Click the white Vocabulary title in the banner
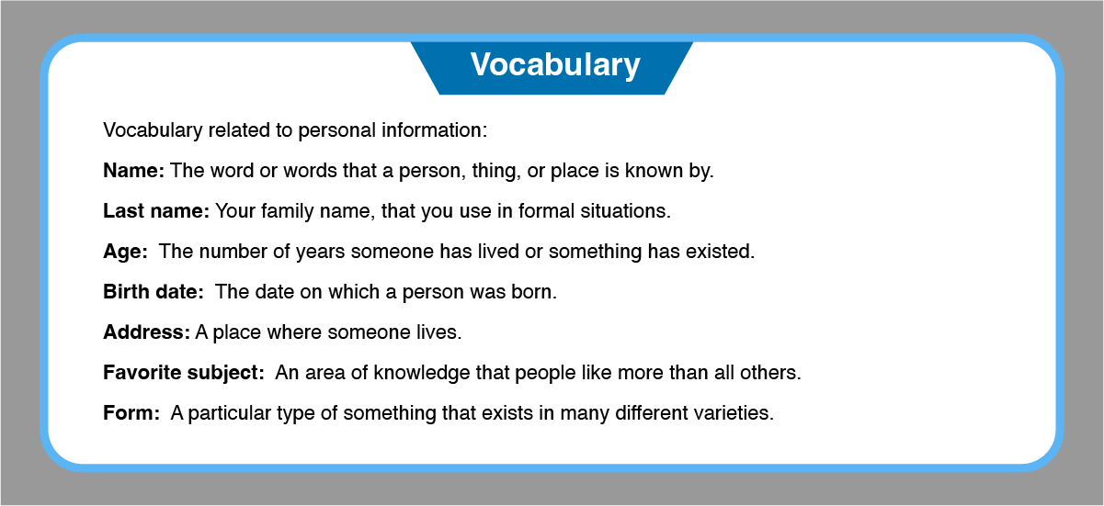click(x=555, y=65)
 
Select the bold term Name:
click(x=133, y=171)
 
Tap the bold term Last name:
click(x=156, y=211)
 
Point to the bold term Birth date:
click(x=154, y=292)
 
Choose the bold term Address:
click(x=146, y=332)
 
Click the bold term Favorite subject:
click(x=184, y=373)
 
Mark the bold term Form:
click(x=131, y=413)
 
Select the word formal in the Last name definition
click(x=546, y=211)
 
